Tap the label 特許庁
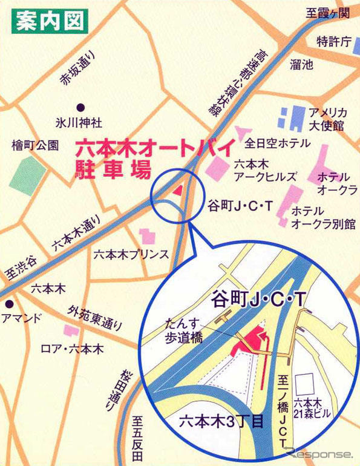[x=333, y=42]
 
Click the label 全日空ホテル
[x=278, y=143]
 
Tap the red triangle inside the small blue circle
[x=177, y=189]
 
